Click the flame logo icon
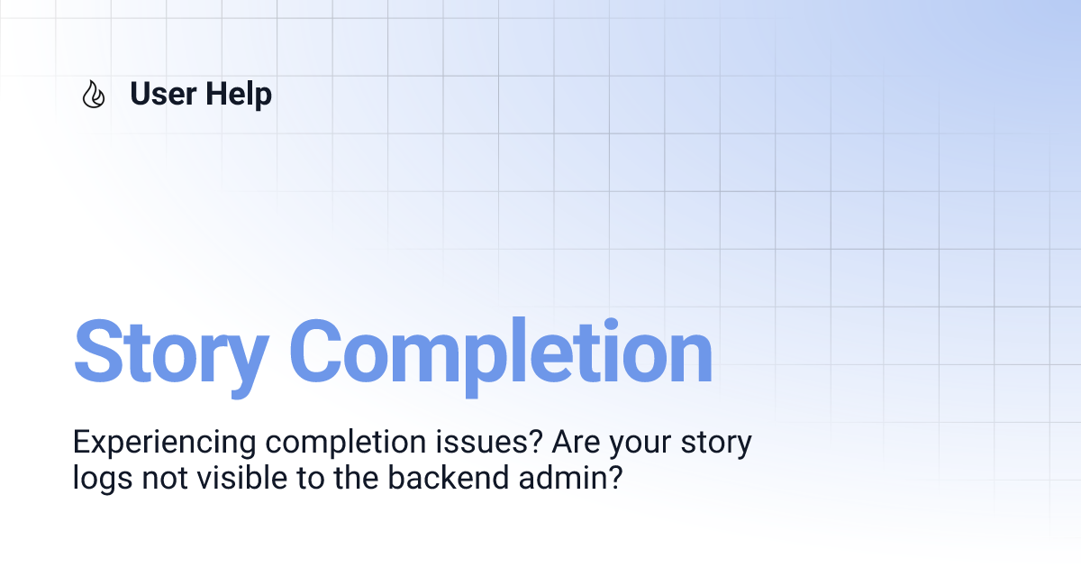point(93,95)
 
